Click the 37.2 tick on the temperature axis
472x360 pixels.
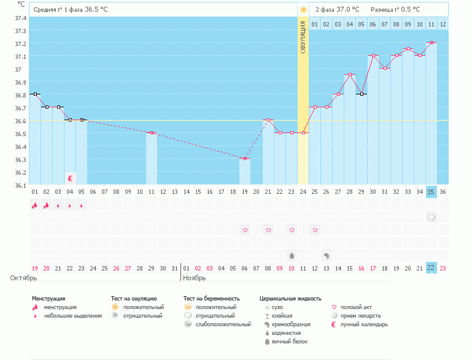tap(20, 44)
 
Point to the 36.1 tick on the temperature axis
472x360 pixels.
tap(20, 185)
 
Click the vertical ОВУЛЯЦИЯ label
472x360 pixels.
tap(303, 37)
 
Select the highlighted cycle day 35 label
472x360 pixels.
tap(431, 192)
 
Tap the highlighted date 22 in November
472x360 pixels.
tap(431, 267)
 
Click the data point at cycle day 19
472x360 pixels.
tap(245, 159)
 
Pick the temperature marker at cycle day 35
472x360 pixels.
tap(431, 43)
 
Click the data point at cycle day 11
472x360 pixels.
tap(152, 133)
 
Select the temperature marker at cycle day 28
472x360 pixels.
tap(350, 75)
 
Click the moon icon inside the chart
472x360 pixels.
tap(71, 178)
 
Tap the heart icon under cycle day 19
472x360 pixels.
tap(245, 230)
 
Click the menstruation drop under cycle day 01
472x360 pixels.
tap(34, 205)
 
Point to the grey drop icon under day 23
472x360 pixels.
tap(292, 255)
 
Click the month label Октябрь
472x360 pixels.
tap(23, 278)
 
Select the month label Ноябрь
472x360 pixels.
tap(195, 278)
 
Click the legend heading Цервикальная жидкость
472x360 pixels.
tap(290, 299)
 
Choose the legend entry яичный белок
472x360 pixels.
tap(289, 342)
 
